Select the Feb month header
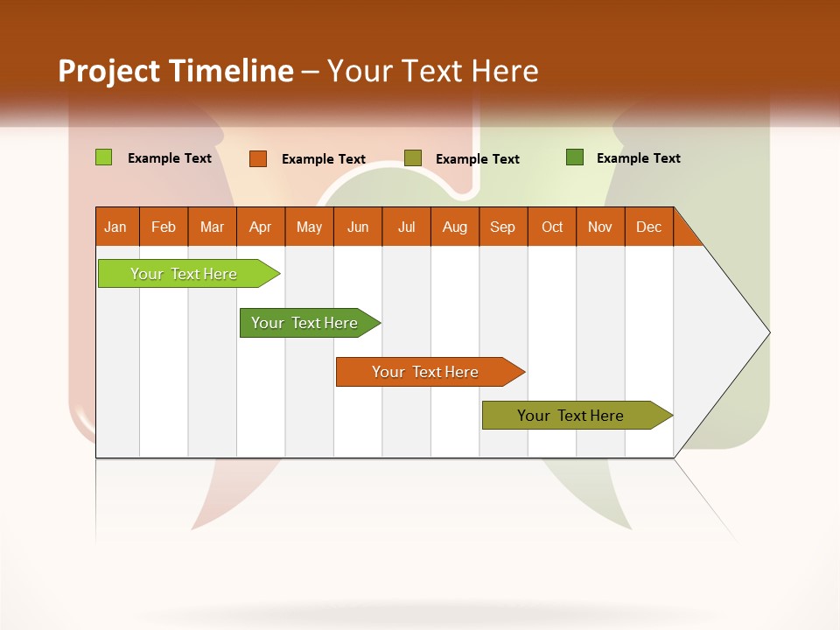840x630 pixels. [x=164, y=227]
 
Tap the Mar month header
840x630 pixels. [x=212, y=227]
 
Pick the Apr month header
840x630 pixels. [x=261, y=227]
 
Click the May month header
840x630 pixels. [x=309, y=227]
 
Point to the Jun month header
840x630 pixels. [x=358, y=227]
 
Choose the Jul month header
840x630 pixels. [x=406, y=227]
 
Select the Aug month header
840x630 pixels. [x=455, y=227]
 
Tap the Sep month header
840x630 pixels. [x=503, y=227]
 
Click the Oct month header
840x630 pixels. [x=552, y=227]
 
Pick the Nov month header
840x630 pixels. [x=600, y=227]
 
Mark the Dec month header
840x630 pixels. [x=649, y=227]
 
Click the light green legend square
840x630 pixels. [x=103, y=157]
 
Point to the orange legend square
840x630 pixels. [x=258, y=158]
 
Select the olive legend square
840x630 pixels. [x=413, y=157]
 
